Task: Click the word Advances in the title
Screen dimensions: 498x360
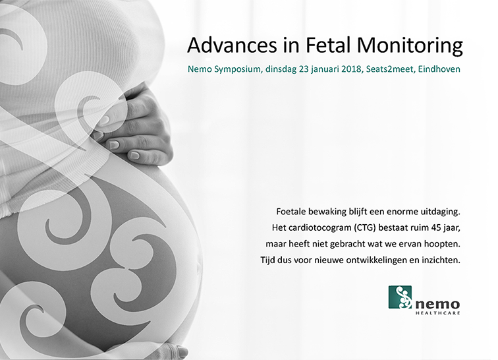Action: [232, 45]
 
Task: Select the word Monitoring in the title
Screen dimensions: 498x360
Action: [410, 46]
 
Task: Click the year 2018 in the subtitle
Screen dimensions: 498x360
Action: [352, 69]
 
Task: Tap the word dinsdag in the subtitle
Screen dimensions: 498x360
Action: [281, 70]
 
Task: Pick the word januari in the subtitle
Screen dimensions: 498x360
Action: [325, 70]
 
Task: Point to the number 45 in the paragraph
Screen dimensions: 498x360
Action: [436, 227]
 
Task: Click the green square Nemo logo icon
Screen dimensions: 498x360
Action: [400, 297]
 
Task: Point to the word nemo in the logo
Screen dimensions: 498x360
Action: [437, 305]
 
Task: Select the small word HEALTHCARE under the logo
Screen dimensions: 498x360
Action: [437, 313]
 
